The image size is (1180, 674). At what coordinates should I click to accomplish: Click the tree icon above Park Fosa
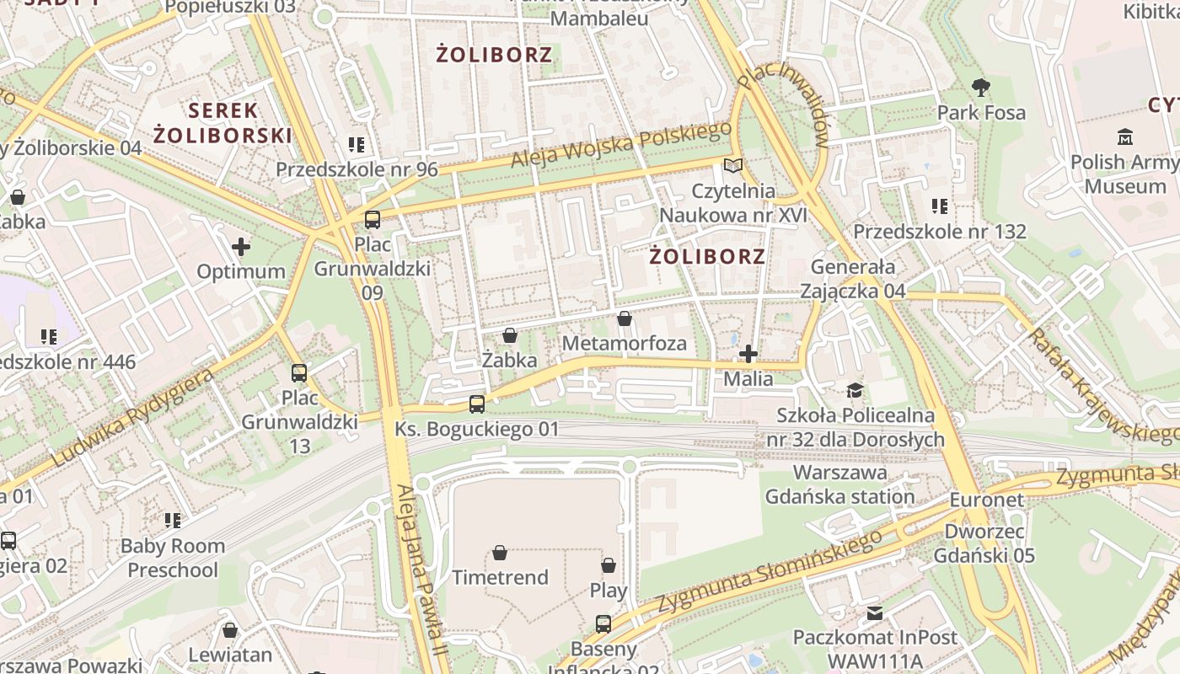[980, 87]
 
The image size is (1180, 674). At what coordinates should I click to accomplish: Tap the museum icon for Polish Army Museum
[1124, 136]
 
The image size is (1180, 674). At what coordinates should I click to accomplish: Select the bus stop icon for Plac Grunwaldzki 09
[372, 220]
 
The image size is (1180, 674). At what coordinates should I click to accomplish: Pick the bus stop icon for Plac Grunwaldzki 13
[299, 372]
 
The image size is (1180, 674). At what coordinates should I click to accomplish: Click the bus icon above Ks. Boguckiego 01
[477, 404]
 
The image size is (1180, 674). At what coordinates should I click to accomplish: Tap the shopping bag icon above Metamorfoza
[624, 318]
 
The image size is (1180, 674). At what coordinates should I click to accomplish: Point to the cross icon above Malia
[748, 354]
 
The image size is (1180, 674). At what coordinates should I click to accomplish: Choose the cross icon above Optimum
[241, 247]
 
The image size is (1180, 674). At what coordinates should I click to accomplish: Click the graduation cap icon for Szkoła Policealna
[855, 390]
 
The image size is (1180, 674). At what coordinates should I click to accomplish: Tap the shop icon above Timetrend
[500, 553]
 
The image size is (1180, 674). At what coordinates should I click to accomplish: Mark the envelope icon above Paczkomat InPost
[875, 612]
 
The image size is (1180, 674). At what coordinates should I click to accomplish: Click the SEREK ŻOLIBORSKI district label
[223, 122]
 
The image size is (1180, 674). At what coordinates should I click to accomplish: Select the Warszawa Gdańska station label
[839, 484]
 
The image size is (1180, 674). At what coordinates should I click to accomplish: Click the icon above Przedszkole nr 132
[940, 206]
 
